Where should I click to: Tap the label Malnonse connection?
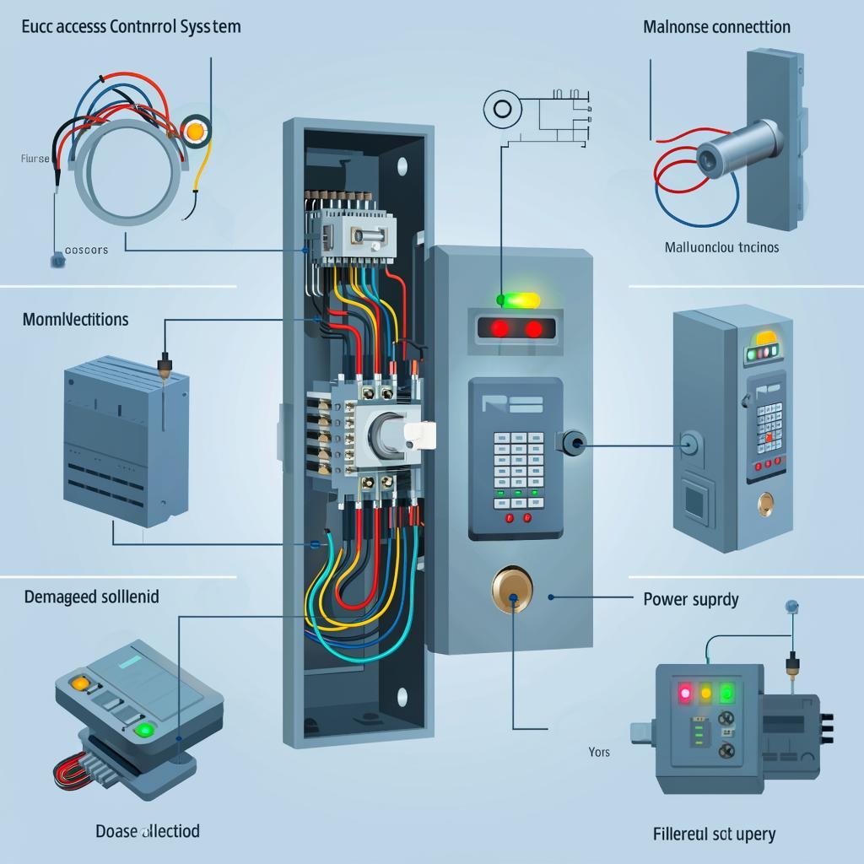tap(716, 26)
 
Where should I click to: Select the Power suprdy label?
tap(690, 599)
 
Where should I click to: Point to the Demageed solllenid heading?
tap(91, 597)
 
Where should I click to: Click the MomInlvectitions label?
tap(75, 319)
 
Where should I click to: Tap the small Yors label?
tap(599, 751)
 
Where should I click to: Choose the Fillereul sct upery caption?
tap(714, 834)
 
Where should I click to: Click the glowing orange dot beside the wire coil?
tap(196, 131)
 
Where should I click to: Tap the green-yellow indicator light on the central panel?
tap(518, 299)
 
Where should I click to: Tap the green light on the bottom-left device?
tap(144, 729)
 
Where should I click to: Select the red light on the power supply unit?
tap(683, 694)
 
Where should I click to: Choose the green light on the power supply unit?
tap(726, 693)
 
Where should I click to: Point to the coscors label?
tap(86, 250)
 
